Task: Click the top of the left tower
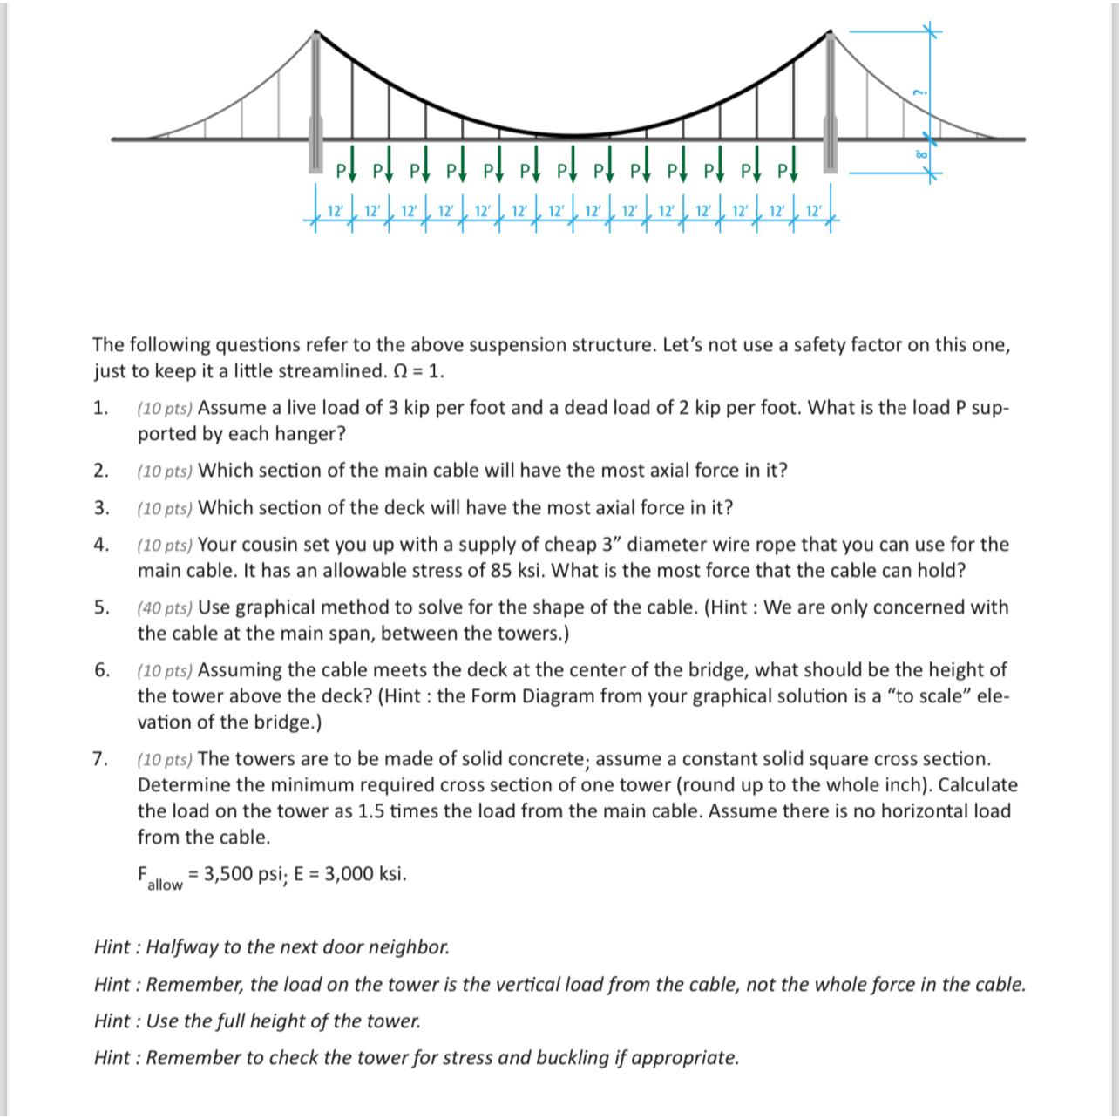pyautogui.click(x=315, y=33)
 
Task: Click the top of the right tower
pyautogui.click(x=830, y=33)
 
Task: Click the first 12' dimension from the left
pyautogui.click(x=334, y=211)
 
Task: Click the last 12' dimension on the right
pyautogui.click(x=812, y=211)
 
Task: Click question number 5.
pyautogui.click(x=102, y=607)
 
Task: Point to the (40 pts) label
pyautogui.click(x=165, y=607)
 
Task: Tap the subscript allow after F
pyautogui.click(x=165, y=885)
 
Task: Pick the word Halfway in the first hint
pyautogui.click(x=180, y=947)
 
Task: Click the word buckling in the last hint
pyautogui.click(x=574, y=1058)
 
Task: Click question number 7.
pyautogui.click(x=102, y=759)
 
